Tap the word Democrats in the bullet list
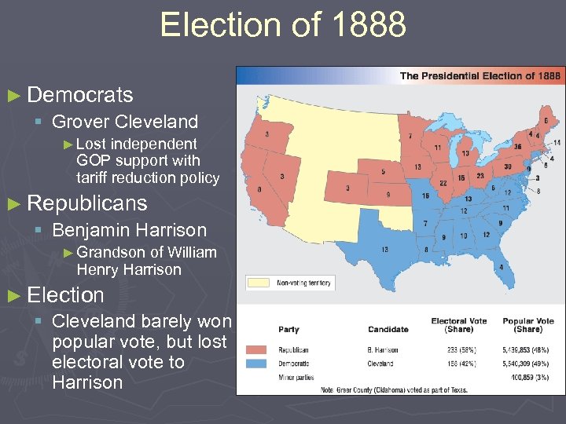(x=79, y=95)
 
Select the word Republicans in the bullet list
(x=86, y=203)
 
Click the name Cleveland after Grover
(x=156, y=122)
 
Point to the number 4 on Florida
(x=501, y=266)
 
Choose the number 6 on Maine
(x=546, y=121)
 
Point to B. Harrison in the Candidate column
(x=382, y=350)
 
